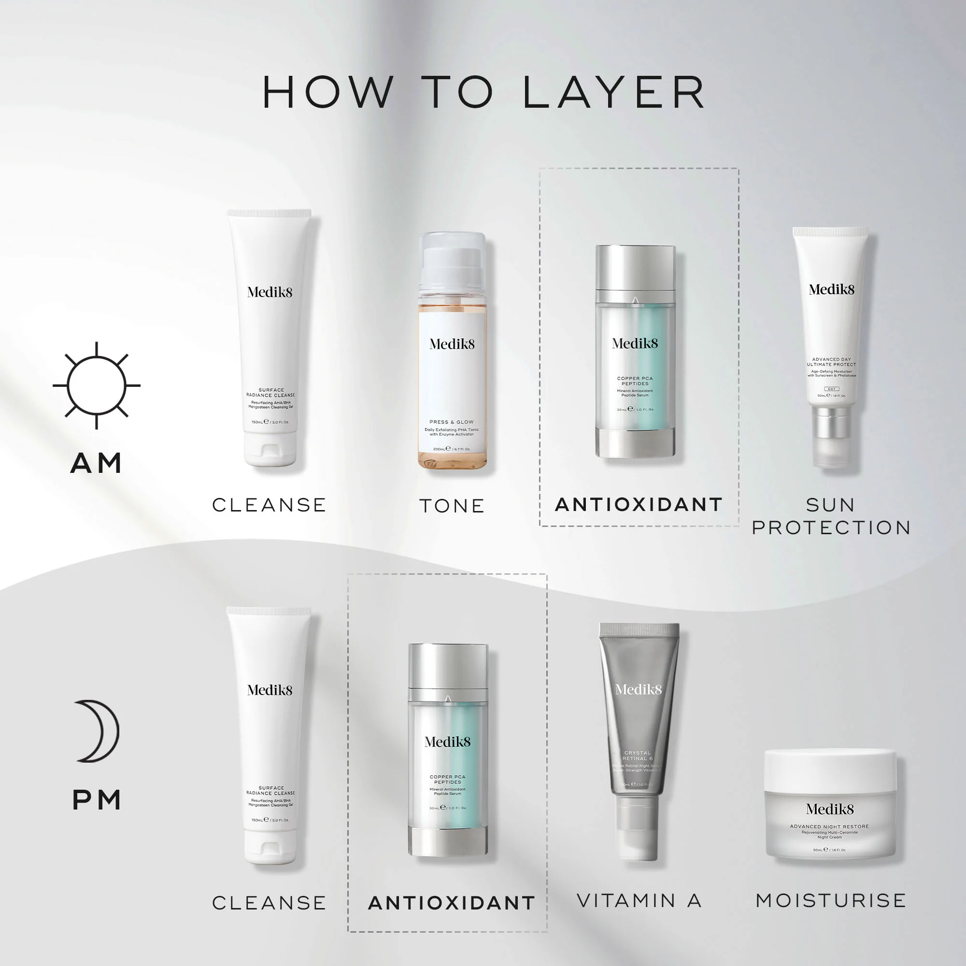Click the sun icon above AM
click(96, 385)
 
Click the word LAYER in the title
click(613, 93)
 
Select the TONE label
click(452, 506)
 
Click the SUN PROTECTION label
click(831, 516)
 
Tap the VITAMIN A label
click(639, 900)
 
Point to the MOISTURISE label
click(830, 900)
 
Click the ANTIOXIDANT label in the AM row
click(639, 505)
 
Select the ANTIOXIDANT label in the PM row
click(452, 903)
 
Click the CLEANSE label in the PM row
click(269, 903)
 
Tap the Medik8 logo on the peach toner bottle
click(452, 344)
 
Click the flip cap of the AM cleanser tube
click(270, 453)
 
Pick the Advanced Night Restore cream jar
click(830, 805)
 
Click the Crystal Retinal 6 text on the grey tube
click(638, 755)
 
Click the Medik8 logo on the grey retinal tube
click(639, 690)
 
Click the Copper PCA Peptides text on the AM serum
click(635, 381)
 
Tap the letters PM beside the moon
click(97, 800)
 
